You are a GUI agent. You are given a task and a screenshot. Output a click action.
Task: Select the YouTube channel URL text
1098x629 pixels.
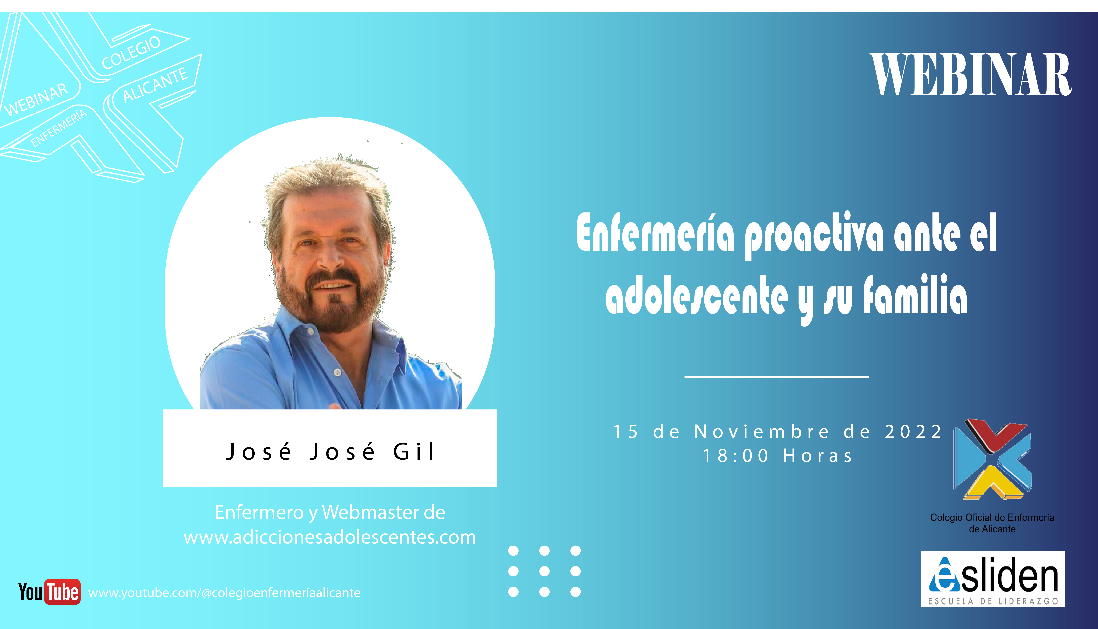point(224,593)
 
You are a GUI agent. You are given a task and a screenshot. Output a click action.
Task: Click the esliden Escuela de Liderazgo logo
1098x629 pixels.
point(993,579)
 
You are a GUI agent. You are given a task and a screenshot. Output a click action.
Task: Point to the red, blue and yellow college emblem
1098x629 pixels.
point(992,459)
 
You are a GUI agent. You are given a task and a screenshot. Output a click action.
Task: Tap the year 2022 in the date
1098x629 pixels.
point(913,432)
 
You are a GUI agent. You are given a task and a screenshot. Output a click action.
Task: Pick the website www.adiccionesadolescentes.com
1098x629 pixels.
point(330,537)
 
